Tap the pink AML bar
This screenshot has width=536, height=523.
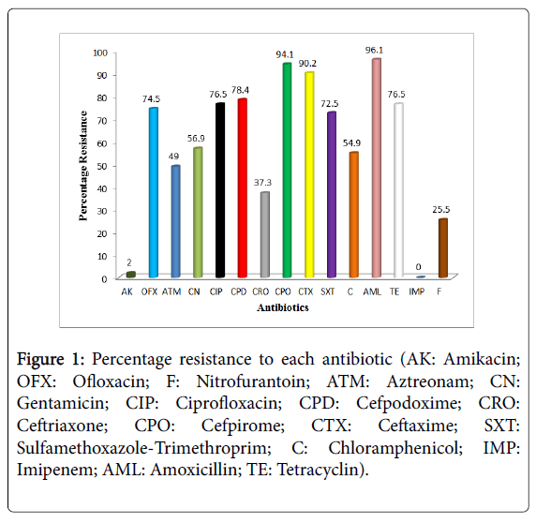(x=376, y=169)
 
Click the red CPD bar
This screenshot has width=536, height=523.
(x=242, y=188)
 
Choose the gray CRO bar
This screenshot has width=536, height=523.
(x=264, y=234)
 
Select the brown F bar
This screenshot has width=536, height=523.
(x=442, y=247)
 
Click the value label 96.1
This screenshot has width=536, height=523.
(x=376, y=49)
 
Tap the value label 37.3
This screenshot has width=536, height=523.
(x=263, y=182)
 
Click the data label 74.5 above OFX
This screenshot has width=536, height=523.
(x=152, y=97)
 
